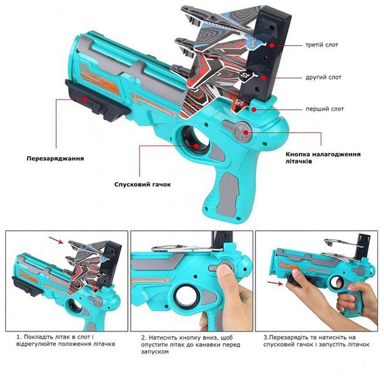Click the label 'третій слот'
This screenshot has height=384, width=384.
(321, 45)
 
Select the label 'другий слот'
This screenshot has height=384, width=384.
(323, 77)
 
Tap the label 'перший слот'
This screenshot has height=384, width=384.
(325, 109)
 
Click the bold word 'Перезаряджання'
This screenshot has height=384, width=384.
(55, 158)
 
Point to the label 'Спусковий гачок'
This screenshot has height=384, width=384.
(142, 185)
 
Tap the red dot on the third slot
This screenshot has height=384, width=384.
(272, 45)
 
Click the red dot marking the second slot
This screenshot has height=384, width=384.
(263, 78)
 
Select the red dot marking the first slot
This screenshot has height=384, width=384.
(254, 109)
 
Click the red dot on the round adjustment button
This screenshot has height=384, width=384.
(246, 132)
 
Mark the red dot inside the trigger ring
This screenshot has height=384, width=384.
(196, 146)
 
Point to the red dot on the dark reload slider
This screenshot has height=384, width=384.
(85, 100)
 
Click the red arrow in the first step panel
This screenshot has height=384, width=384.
(56, 241)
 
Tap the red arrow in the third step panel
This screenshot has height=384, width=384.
(275, 283)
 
